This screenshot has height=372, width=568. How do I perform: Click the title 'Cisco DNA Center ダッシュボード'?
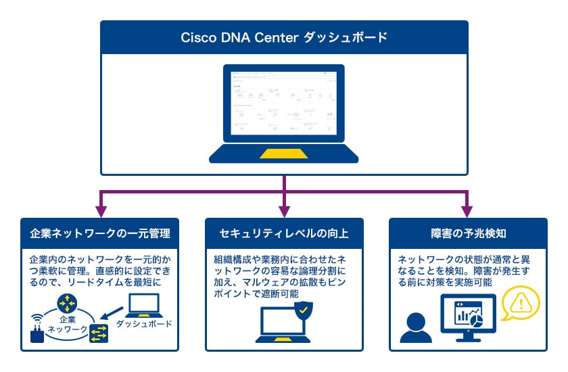(284, 37)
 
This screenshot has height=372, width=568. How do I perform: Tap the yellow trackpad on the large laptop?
(284, 153)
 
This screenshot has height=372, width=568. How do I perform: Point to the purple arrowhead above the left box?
(101, 205)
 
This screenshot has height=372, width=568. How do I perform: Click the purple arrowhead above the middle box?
(284, 205)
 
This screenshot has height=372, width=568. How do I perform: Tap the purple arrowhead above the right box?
(468, 205)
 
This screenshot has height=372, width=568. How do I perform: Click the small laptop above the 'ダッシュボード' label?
(143, 306)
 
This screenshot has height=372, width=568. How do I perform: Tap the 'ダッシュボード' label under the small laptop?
(145, 324)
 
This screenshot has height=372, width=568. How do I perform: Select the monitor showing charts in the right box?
(469, 317)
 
